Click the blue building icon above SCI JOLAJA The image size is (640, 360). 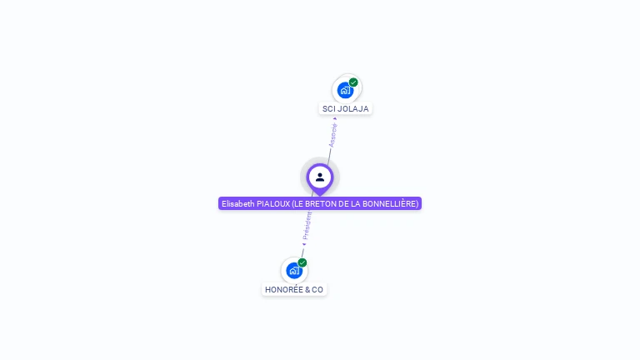coord(344,90)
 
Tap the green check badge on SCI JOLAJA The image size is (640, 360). coord(353,82)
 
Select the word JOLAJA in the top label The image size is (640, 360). coord(353,108)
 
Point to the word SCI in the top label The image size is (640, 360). coord(329,108)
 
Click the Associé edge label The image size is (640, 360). coord(333,136)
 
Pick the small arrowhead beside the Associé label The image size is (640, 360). coord(335,118)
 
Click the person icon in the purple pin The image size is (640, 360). coord(320,177)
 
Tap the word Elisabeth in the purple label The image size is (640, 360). coord(237,203)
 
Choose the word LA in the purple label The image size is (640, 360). coord(359,203)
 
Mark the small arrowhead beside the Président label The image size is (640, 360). coord(304,244)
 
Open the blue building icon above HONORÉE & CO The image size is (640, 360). coord(292,270)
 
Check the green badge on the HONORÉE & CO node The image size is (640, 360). coord(302,262)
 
